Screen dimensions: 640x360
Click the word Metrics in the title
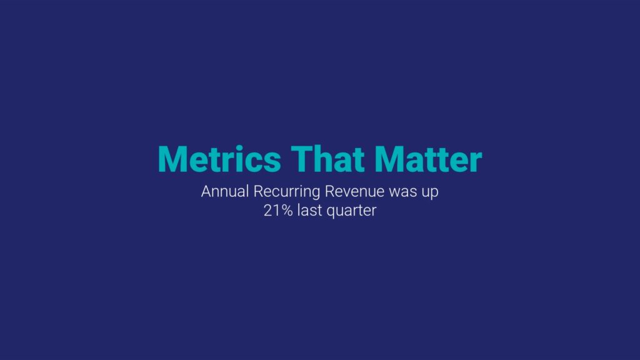coord(219,159)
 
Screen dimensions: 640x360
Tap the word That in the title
coord(327,159)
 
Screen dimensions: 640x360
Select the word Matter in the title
coord(428,159)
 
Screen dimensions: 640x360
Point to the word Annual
coord(225,191)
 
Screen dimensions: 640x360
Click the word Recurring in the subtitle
coord(286,192)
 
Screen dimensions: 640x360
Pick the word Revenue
coord(355,191)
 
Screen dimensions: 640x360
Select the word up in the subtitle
coord(430,194)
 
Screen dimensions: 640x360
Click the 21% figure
coord(278,211)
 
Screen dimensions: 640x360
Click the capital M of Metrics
coord(173,159)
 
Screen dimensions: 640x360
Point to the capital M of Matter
coord(389,159)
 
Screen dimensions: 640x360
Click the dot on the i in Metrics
coord(239,147)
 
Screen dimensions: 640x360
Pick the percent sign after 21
coord(286,211)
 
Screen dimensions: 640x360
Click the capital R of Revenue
coord(330,191)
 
